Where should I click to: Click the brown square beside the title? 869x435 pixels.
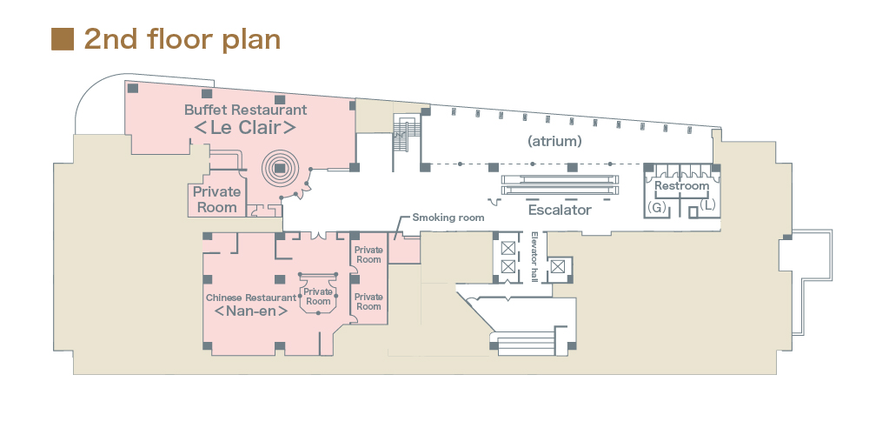[x=63, y=39]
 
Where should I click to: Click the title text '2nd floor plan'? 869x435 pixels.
[x=182, y=39]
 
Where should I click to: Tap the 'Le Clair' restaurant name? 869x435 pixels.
[x=244, y=128]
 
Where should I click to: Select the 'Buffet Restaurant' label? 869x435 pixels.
[x=245, y=110]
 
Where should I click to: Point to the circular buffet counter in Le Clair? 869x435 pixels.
[x=280, y=169]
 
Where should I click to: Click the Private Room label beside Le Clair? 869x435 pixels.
[x=216, y=199]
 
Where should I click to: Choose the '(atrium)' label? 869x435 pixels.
[x=554, y=140]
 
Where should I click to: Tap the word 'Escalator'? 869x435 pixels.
[x=560, y=210]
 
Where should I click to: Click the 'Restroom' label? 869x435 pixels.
[x=681, y=185]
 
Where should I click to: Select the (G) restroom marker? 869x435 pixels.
[x=657, y=207]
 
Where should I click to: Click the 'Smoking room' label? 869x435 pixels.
[x=448, y=217]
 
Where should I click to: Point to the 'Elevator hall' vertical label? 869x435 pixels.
[x=534, y=258]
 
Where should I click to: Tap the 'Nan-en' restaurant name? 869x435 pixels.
[x=250, y=311]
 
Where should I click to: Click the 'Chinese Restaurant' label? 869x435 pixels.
[x=251, y=298]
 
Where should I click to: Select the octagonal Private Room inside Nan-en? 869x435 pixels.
[x=318, y=297]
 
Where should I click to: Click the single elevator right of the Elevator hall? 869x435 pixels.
[x=558, y=266]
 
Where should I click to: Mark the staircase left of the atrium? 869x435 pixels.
[x=402, y=136]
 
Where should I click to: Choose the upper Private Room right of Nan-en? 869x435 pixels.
[x=368, y=254]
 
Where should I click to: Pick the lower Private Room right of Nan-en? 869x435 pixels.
[x=368, y=301]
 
